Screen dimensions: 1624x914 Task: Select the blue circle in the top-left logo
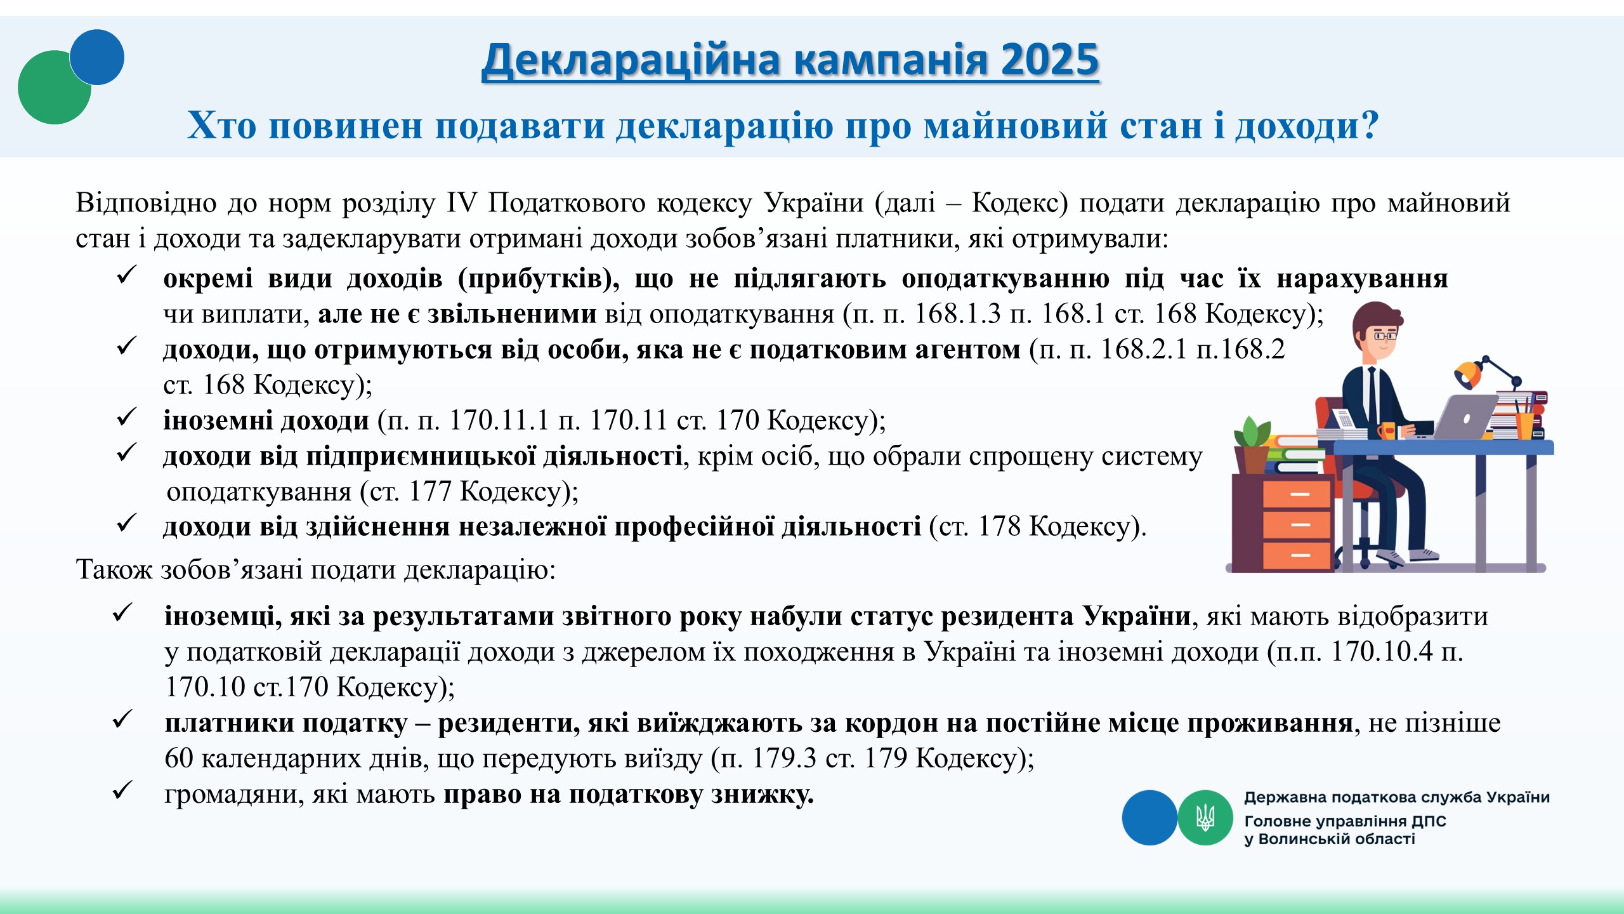click(x=97, y=57)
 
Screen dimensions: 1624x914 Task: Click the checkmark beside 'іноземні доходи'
click(x=127, y=417)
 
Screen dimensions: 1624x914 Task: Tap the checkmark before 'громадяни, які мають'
click(x=122, y=790)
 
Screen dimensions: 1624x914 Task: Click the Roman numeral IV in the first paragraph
click(x=461, y=203)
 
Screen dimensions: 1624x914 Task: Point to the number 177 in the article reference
click(x=429, y=491)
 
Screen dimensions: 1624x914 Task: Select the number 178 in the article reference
click(x=999, y=526)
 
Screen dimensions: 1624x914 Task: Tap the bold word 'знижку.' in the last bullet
click(x=762, y=795)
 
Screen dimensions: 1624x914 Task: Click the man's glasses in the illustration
click(x=1385, y=335)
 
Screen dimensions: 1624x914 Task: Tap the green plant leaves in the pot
click(x=1252, y=432)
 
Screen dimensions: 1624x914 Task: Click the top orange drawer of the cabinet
click(x=1297, y=494)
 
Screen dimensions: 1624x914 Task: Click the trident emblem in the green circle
click(x=1205, y=818)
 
